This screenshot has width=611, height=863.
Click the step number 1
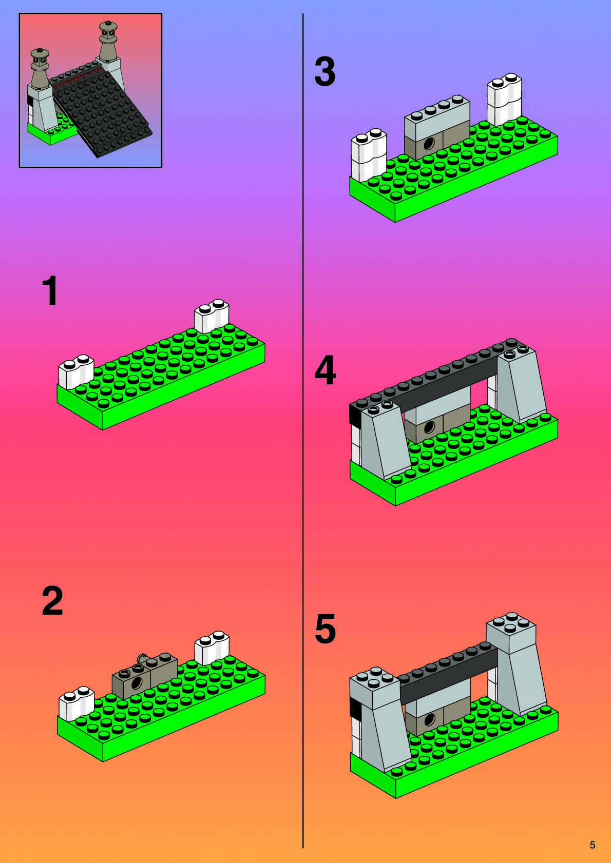[50, 290]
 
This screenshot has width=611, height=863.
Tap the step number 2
[52, 600]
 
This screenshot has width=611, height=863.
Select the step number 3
[324, 71]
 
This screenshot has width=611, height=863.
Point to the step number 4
[326, 370]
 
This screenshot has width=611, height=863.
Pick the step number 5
[326, 629]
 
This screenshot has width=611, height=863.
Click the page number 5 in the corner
[593, 845]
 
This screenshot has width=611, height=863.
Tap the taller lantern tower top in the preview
[108, 41]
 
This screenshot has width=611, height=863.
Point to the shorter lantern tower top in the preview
[40, 66]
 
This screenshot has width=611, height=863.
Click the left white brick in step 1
[76, 372]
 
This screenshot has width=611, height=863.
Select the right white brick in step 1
[212, 316]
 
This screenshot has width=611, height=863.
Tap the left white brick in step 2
[77, 704]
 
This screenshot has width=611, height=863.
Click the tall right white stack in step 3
[504, 99]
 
